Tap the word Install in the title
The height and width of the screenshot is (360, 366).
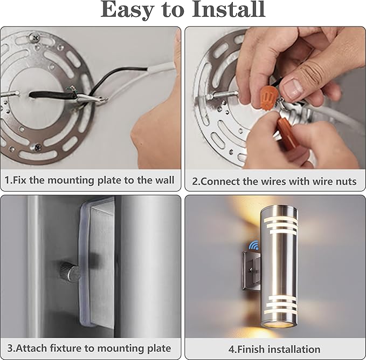(225, 10)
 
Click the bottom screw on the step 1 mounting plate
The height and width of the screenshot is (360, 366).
(38, 145)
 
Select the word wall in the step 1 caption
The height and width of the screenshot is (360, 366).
(162, 180)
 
